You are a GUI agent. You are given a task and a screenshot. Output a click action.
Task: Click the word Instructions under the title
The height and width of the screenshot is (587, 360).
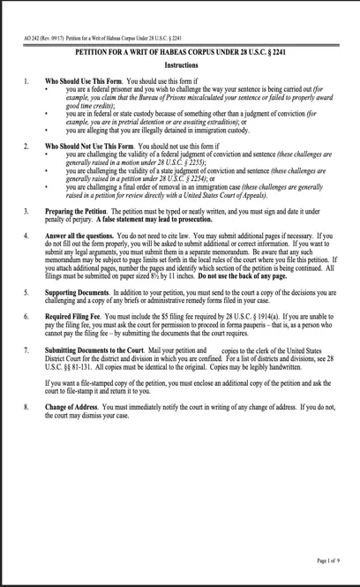pos(180,66)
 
